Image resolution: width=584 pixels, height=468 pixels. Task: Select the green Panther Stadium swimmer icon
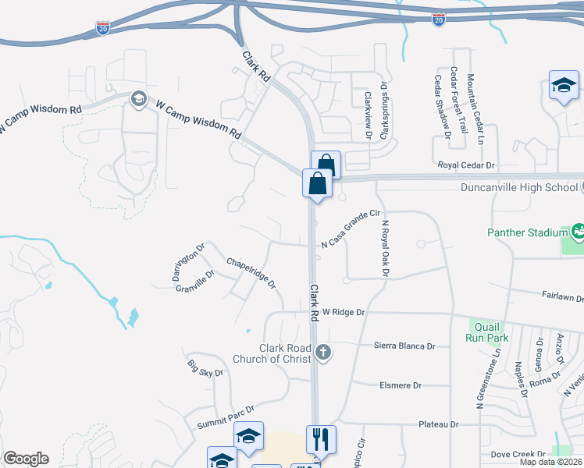[x=577, y=231]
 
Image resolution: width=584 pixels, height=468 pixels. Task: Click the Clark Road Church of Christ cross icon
[x=323, y=353]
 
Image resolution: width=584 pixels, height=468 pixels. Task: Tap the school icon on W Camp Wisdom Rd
[x=139, y=99]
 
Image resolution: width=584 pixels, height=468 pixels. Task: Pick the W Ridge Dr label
[x=344, y=312]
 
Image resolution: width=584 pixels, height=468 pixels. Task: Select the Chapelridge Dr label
[x=251, y=273]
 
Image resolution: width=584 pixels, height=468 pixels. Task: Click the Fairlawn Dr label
[x=563, y=296]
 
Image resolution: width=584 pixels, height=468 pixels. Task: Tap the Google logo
[x=26, y=459]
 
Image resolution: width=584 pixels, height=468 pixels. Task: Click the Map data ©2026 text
[x=551, y=462]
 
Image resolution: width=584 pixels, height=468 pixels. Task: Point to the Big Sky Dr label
[x=205, y=368]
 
